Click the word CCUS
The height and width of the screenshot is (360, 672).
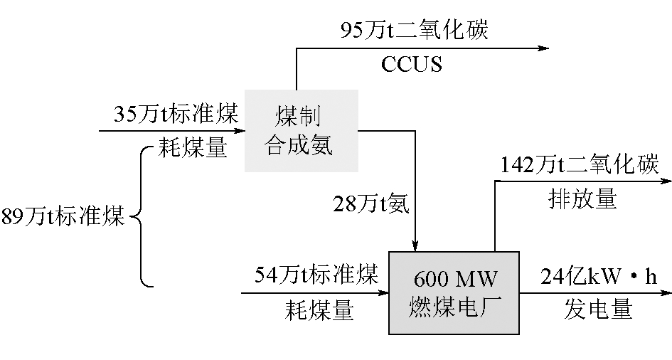[412, 65]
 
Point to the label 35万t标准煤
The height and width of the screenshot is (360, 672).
[176, 114]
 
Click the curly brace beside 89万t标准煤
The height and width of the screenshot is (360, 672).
[142, 216]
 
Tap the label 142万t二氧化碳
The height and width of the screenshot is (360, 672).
[580, 165]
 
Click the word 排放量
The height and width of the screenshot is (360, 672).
[582, 199]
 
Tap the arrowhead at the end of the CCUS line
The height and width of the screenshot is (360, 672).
[544, 48]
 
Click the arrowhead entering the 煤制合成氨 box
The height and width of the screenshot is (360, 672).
[239, 131]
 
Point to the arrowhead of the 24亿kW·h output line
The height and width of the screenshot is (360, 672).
[665, 292]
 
